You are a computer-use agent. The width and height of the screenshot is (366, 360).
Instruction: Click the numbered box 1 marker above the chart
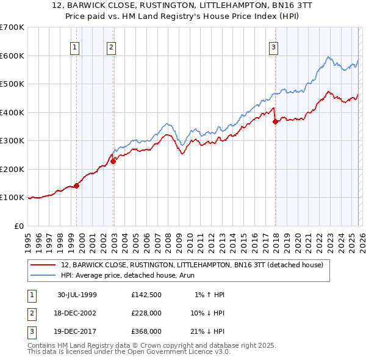[x=74, y=47]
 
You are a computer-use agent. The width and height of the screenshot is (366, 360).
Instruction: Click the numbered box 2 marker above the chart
[x=112, y=47]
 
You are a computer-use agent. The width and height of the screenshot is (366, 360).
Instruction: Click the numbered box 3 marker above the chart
[x=274, y=47]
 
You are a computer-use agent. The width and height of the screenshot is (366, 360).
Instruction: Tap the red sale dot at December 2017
[x=275, y=121]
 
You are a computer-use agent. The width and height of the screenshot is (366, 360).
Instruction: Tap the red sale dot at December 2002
[x=113, y=161]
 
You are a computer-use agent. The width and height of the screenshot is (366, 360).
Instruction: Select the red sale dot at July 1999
[x=76, y=185]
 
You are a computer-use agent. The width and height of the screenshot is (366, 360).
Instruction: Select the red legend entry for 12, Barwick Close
[x=195, y=265]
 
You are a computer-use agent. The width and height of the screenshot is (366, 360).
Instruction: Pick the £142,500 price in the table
[x=146, y=295]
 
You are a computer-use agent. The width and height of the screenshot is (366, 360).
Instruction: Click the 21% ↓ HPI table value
[x=206, y=331]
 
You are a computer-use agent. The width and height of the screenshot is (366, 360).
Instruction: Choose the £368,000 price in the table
[x=146, y=331]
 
